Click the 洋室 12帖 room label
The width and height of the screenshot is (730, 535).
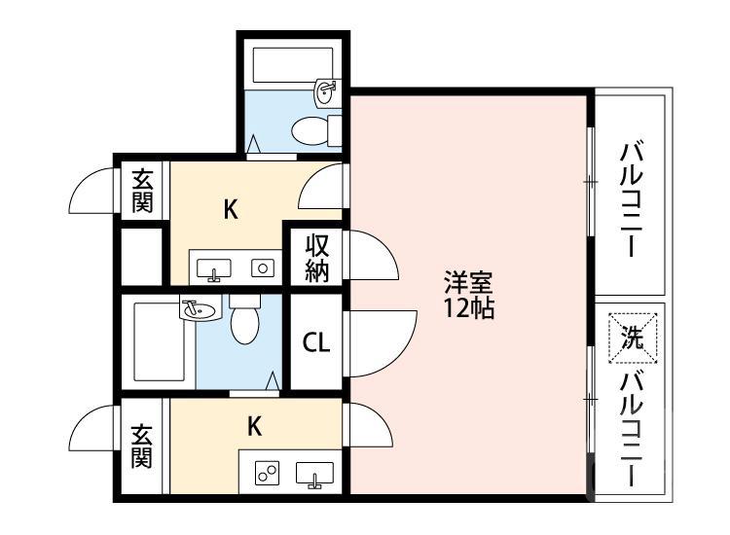[x=468, y=295]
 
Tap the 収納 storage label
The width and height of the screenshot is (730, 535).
[x=316, y=259]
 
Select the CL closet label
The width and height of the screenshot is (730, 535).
[x=316, y=342]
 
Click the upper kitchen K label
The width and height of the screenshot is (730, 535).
[x=231, y=209]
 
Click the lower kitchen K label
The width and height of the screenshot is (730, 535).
[x=254, y=426]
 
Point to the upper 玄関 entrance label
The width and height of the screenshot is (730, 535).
[x=142, y=191]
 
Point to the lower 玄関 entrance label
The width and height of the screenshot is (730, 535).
[x=141, y=446]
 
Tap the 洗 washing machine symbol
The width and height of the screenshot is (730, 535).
[x=633, y=339]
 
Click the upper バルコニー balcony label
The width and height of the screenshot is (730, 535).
[x=632, y=199]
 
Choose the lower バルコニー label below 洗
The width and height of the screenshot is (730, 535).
[x=632, y=429]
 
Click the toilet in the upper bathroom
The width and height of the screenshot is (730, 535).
[x=316, y=130]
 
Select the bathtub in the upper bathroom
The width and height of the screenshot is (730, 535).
[x=292, y=65]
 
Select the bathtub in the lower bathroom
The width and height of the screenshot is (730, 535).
[x=159, y=342]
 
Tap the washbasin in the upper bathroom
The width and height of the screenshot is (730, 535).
[x=328, y=93]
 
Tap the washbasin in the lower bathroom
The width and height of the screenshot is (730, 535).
[x=201, y=308]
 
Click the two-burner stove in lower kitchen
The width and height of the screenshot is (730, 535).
[x=268, y=473]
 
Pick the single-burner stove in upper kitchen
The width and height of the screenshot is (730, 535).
[x=263, y=267]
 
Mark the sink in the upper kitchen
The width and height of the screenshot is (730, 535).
[x=214, y=269]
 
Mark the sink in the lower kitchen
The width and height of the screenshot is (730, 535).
[x=314, y=475]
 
